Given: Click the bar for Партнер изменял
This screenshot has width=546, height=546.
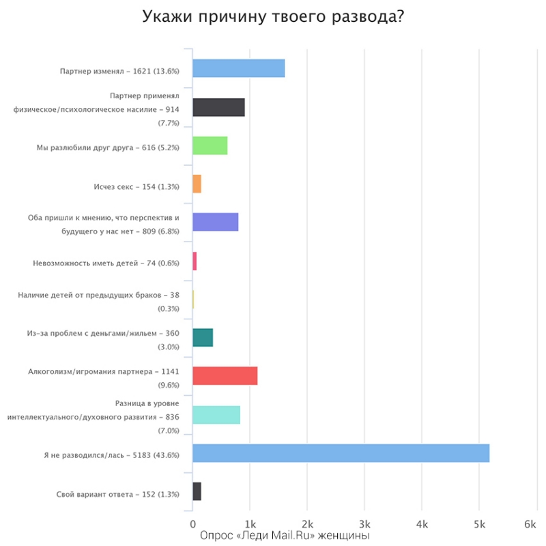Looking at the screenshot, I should pos(238,69).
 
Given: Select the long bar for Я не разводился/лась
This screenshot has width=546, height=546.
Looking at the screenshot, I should pos(341,453).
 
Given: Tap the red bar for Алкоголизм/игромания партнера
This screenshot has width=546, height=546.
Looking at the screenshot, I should pos(225,376).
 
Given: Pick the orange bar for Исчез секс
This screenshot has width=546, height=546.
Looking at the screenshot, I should pos(197,184).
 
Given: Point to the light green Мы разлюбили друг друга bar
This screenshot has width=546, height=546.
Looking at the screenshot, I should pos(210,146).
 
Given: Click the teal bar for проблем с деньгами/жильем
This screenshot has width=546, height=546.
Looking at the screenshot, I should pos(203,338).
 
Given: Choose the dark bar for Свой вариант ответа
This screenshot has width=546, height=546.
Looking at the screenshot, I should pos(197,491).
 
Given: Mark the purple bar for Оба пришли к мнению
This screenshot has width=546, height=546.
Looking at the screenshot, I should pos(215,222).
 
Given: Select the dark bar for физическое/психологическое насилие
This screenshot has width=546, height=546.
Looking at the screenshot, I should pos(218,108).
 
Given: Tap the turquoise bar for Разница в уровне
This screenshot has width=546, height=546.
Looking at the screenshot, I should pos(216,415).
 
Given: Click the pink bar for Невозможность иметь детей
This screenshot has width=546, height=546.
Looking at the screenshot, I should pos(195,261).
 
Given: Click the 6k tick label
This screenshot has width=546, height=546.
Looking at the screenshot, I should pos(530,524).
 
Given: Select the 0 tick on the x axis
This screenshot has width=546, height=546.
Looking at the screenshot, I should pos(192,524).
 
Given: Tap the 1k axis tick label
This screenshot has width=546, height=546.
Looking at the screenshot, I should pos(250,524).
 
